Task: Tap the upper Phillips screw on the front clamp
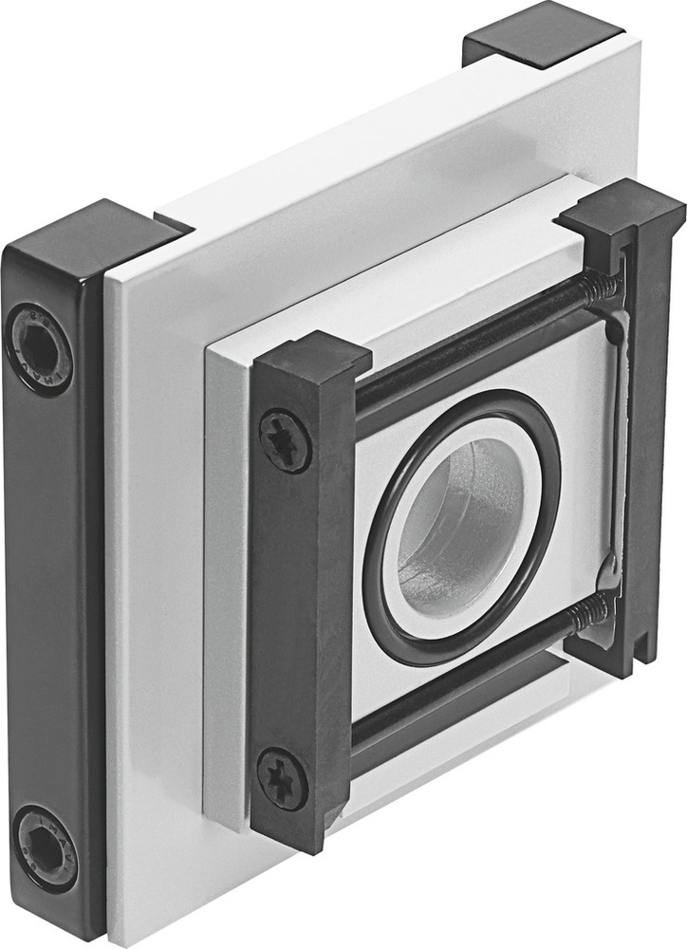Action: pos(285,440)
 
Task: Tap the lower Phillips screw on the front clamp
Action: pos(283,779)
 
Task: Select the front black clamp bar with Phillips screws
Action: pos(289,607)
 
